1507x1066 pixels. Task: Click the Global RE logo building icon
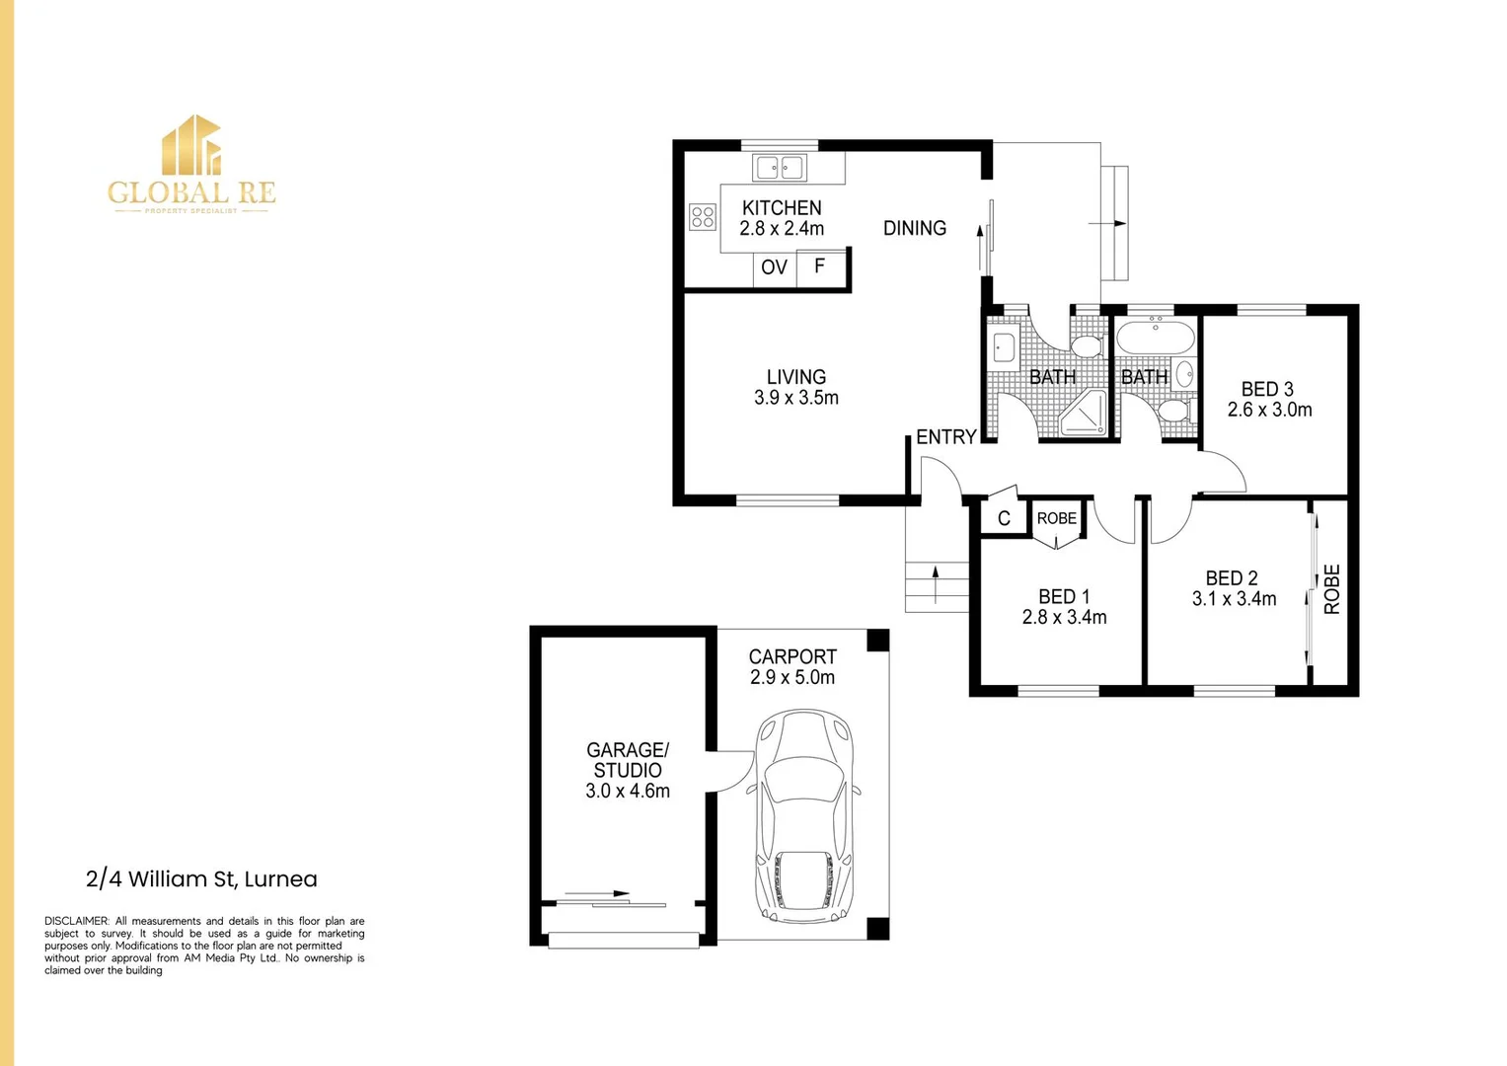point(191,146)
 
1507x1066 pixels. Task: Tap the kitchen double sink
point(780,168)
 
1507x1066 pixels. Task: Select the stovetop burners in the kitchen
point(703,216)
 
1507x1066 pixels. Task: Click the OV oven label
point(774,267)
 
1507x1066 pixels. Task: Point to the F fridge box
point(819,266)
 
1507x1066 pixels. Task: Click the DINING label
point(914,228)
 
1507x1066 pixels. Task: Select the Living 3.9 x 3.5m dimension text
point(795,398)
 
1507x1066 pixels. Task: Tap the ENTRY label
point(945,436)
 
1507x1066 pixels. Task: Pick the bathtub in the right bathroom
point(1155,339)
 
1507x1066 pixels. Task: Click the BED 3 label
point(1267,389)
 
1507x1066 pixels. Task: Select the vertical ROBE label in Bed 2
point(1331,589)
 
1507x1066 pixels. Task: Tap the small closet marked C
point(1004,519)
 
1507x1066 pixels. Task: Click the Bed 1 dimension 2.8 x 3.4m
point(1064,617)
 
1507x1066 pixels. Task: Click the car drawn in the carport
point(803,816)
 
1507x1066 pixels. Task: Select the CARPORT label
point(791,656)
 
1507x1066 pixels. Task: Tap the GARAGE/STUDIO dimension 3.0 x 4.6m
point(627,791)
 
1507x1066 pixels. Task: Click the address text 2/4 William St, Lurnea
point(201,878)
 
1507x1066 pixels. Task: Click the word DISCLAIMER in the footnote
point(76,921)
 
